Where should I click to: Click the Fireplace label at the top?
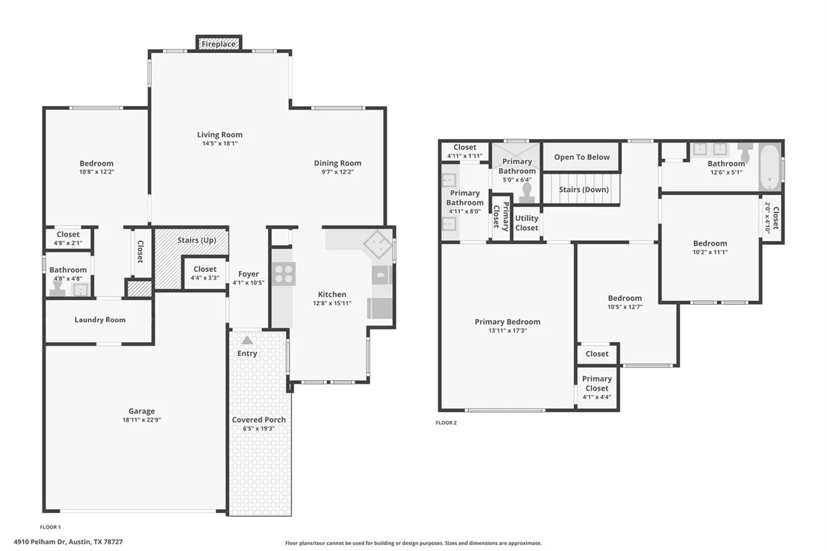point(219,44)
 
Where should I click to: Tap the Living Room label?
point(220,134)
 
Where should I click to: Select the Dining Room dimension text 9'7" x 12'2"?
point(337,172)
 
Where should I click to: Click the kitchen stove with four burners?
point(284,274)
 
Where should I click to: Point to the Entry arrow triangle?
point(247,340)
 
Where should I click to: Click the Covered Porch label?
point(259,420)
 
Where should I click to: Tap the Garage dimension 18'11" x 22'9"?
point(142,420)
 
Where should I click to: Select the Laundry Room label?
point(100,320)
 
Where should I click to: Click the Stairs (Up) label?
point(197,240)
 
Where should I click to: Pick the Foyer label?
point(249,274)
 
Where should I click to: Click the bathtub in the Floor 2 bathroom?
point(770,167)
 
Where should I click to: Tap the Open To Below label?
point(581,158)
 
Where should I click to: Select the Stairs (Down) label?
point(584,190)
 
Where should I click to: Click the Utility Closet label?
point(527,222)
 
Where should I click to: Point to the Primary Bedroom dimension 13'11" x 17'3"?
point(508,331)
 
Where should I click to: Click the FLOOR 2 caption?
point(446,423)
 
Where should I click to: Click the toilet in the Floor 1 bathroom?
point(57,287)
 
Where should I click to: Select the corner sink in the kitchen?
point(378,244)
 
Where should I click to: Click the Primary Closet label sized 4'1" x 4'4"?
point(597,387)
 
